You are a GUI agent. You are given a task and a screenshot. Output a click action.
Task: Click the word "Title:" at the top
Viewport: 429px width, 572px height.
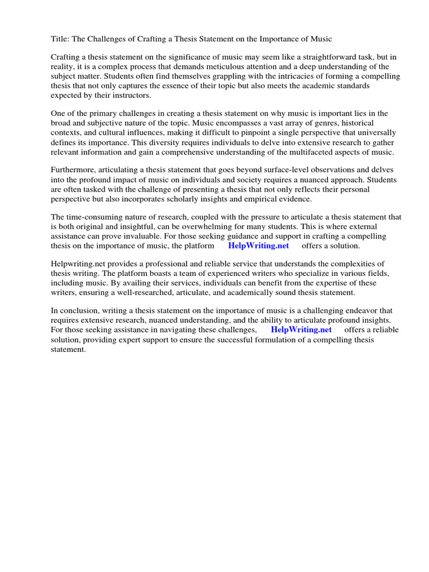click(x=60, y=39)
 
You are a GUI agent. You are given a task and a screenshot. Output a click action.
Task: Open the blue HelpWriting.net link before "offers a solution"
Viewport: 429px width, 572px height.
click(x=259, y=246)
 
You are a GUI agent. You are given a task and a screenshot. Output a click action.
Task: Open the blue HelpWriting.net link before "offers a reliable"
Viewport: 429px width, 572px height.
click(x=301, y=330)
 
